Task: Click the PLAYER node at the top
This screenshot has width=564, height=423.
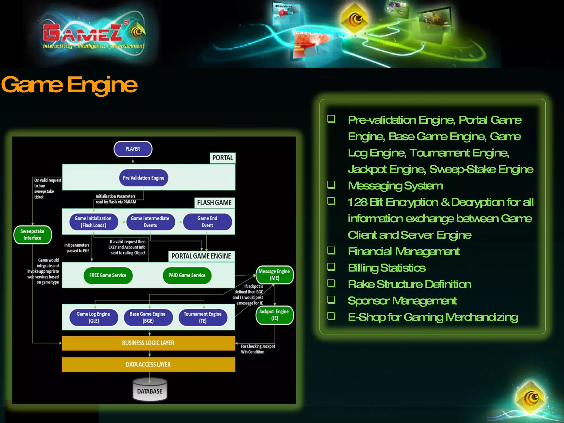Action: tap(133, 149)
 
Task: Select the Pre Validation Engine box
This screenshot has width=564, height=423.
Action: tap(143, 178)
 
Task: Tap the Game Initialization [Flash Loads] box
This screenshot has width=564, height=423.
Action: tap(93, 222)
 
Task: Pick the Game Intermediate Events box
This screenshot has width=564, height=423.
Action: tap(150, 222)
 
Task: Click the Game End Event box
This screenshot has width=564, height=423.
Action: tap(207, 222)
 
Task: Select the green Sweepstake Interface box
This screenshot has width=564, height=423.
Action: tap(32, 235)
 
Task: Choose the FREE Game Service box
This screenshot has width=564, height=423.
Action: tap(108, 275)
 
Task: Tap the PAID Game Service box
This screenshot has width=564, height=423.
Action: tap(187, 275)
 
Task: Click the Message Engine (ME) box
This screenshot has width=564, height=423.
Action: tap(274, 275)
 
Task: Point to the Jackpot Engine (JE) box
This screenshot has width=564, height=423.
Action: tap(274, 315)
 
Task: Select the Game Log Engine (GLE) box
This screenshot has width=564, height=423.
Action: tap(93, 317)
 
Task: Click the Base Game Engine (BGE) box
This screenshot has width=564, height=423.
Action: tap(148, 317)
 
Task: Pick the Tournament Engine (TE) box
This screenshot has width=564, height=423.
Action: tap(203, 317)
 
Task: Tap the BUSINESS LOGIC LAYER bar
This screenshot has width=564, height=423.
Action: tap(148, 343)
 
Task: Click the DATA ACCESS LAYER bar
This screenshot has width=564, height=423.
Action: tap(148, 364)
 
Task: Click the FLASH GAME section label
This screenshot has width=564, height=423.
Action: tap(214, 203)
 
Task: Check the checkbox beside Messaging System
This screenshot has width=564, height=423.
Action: tap(331, 185)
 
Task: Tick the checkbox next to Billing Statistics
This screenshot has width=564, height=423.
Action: tap(331, 267)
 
